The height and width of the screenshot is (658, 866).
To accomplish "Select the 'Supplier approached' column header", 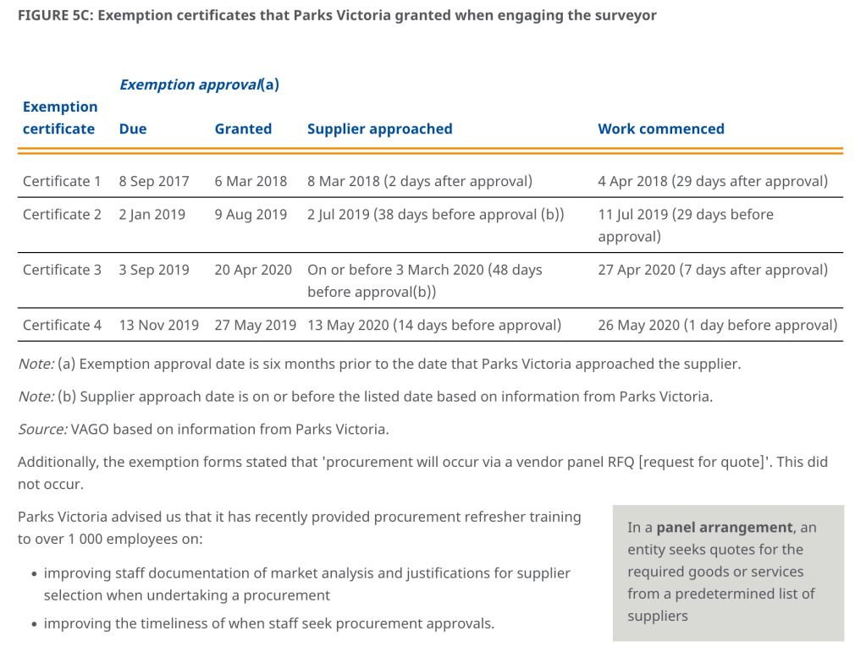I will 379,129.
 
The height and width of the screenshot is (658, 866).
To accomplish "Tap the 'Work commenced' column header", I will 660,129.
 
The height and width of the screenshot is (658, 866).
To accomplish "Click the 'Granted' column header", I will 243,129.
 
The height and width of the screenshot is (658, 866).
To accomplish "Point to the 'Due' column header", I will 133,129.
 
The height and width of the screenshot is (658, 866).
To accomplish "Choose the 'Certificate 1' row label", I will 62,181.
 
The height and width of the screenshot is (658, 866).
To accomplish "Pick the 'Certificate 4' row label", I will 62,325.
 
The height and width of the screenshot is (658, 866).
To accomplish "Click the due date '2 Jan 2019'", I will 152,214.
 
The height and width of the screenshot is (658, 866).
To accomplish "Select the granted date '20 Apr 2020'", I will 253,270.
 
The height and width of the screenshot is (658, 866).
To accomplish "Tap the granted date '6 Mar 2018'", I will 251,181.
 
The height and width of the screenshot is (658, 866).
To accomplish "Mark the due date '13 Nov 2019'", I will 159,325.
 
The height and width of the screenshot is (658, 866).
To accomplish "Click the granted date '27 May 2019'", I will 256,325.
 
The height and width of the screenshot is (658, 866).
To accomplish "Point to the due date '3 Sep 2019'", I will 154,270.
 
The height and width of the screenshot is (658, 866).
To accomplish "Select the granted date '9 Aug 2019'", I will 251,214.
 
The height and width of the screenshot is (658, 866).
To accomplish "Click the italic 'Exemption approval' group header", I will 190,85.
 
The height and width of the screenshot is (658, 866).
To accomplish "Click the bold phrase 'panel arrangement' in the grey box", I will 725,528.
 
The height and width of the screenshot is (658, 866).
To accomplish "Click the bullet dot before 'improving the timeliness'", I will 32,625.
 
